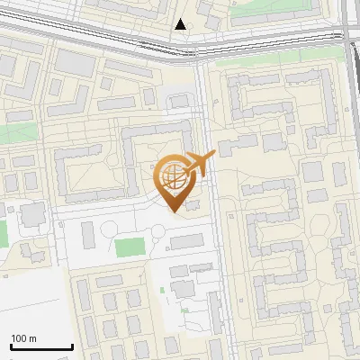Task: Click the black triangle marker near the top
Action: (183, 24)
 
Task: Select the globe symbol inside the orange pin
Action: (173, 178)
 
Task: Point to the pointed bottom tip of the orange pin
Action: (174, 211)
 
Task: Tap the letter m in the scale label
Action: (33, 338)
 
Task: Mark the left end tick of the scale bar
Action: (11, 346)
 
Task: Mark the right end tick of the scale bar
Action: (72, 346)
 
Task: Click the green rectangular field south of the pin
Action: (130, 246)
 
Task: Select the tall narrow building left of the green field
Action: (88, 235)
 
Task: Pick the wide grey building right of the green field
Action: (186, 241)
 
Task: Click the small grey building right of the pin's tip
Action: (193, 207)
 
